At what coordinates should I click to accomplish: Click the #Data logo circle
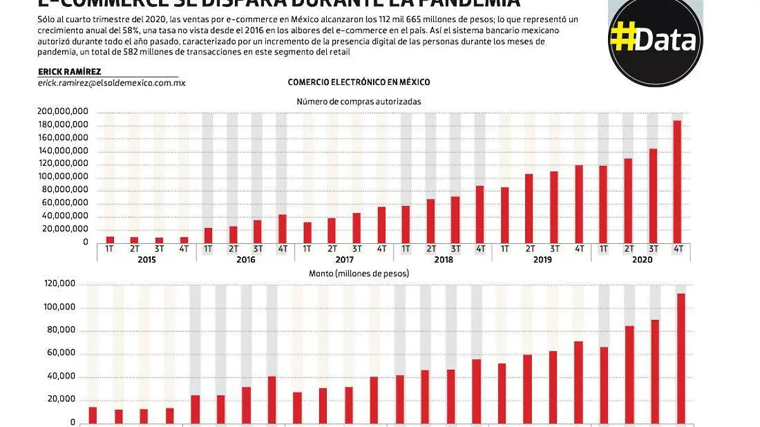point(655,39)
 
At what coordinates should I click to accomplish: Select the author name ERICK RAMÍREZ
point(69,72)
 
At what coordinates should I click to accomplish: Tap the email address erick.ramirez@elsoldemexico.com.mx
point(111,83)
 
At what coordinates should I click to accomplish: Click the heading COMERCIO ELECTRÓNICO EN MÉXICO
point(358,82)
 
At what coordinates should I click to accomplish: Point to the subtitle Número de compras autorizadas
point(358,101)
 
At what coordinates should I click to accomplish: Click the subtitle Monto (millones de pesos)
point(358,274)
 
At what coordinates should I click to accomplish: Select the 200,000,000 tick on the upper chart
point(63,112)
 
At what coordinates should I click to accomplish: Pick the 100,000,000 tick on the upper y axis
point(63,177)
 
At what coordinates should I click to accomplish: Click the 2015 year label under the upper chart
point(146,259)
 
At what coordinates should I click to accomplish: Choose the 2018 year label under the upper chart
point(443,259)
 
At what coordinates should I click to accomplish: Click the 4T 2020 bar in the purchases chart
point(677,181)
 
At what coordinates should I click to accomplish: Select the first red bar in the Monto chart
point(93,415)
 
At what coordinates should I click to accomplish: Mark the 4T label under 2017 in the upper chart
point(381,249)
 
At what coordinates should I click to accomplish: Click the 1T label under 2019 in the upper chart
point(505,249)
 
